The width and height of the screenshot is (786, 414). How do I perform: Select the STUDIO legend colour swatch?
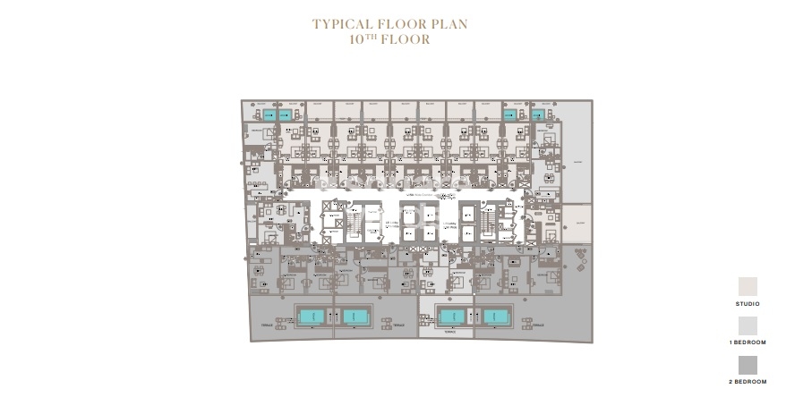pyautogui.click(x=748, y=287)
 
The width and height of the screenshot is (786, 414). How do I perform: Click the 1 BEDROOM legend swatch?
pyautogui.click(x=748, y=326)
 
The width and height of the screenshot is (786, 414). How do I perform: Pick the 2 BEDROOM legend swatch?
pyautogui.click(x=748, y=365)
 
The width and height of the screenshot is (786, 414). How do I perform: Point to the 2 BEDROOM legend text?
pyautogui.click(x=748, y=382)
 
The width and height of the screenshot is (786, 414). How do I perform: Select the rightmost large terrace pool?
pyautogui.click(x=495, y=316)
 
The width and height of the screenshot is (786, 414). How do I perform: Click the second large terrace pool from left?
pyautogui.click(x=355, y=316)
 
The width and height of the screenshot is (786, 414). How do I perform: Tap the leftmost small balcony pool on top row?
pyautogui.click(x=269, y=114)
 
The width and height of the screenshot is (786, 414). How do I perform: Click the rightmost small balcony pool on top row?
pyautogui.click(x=539, y=114)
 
